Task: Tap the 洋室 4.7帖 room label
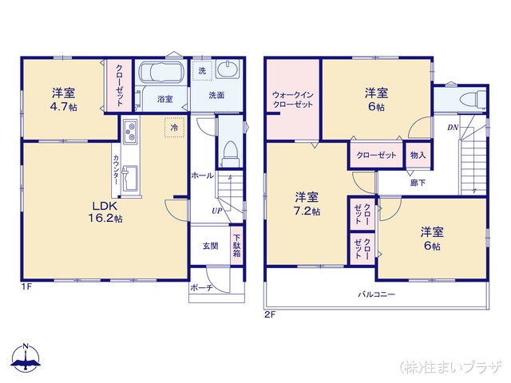64,98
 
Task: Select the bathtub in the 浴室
163,73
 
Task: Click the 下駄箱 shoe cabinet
237,244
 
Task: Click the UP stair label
216,211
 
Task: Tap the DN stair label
452,128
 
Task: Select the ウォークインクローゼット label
292,99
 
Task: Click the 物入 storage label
418,155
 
